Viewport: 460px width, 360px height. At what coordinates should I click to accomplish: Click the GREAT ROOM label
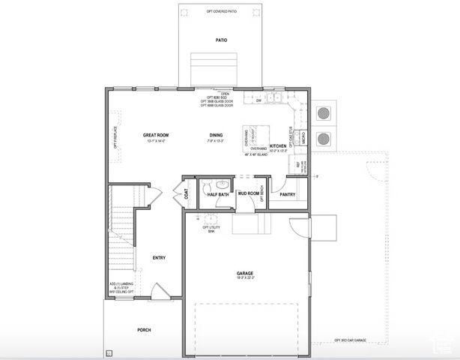click(155, 135)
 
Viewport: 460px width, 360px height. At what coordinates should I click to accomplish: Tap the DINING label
click(216, 135)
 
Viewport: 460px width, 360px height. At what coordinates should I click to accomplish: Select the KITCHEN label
click(278, 146)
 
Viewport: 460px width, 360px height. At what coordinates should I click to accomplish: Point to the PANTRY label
click(287, 194)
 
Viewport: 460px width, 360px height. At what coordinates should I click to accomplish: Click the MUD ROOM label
click(248, 193)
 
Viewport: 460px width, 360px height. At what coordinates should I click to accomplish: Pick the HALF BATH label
click(218, 194)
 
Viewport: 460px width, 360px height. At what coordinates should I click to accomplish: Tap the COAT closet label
click(186, 193)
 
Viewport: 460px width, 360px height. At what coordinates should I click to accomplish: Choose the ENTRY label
click(159, 257)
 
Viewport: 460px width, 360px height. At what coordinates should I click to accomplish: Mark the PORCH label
click(144, 329)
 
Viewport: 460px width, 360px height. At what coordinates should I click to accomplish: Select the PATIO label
click(221, 40)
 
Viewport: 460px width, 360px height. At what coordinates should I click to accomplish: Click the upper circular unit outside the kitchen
click(325, 113)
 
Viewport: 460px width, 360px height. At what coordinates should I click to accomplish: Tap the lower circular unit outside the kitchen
click(325, 139)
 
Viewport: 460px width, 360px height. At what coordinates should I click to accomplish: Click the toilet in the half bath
click(222, 184)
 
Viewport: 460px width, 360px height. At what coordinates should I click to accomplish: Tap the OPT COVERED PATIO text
click(221, 11)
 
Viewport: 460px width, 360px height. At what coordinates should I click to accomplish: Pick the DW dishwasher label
click(258, 100)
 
